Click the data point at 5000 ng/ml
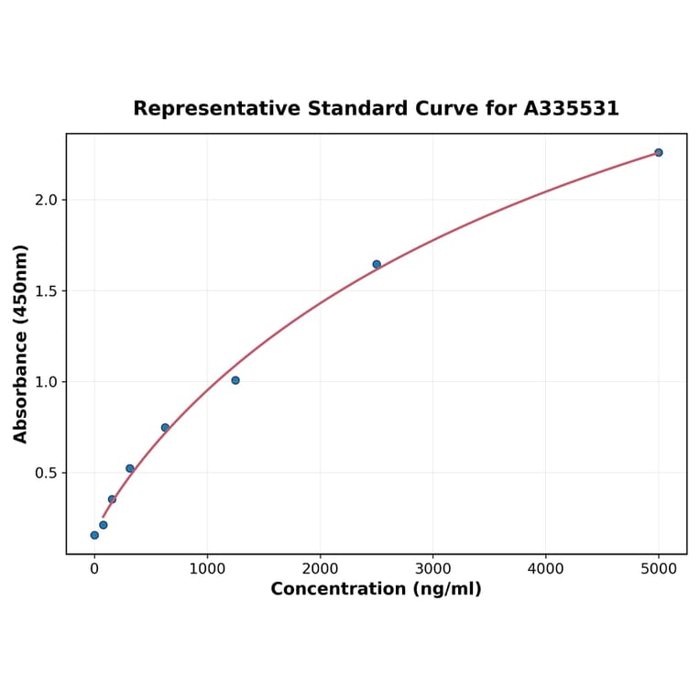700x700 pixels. coord(658,152)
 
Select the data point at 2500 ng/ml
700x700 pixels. coord(377,264)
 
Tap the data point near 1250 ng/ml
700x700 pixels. coord(235,380)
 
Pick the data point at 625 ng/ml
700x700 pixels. coord(165,428)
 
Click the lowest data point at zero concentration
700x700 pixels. coord(94,535)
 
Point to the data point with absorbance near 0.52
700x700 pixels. coord(130,468)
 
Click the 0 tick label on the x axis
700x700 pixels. coord(94,569)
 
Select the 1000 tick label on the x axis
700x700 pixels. coord(207,569)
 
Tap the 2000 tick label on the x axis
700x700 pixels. coord(320,569)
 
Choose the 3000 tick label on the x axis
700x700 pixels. coord(432,569)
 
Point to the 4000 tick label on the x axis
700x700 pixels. coord(545,569)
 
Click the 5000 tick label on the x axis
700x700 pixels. coord(658,569)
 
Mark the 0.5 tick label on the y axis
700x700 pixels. coord(46,473)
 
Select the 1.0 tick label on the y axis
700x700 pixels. coord(46,382)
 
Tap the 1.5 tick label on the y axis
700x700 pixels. coord(46,291)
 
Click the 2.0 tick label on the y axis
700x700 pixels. coord(46,200)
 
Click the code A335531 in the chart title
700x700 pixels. coord(571,109)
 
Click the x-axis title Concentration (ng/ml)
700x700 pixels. coord(376,589)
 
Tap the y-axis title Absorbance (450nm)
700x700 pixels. coord(21,344)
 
